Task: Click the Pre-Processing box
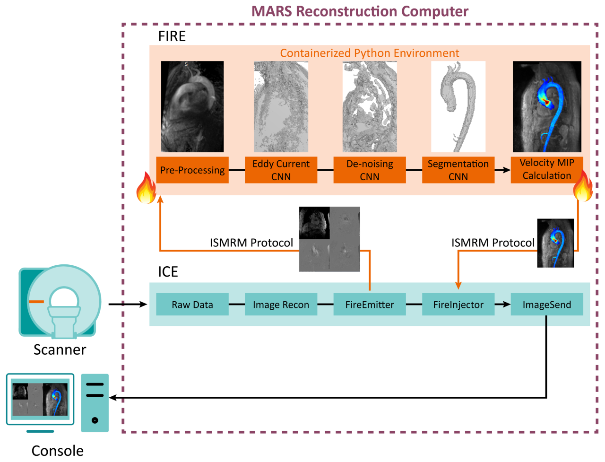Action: pyautogui.click(x=192, y=170)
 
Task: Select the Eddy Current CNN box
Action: pyautogui.click(x=281, y=170)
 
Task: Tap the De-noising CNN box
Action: pyautogui.click(x=370, y=170)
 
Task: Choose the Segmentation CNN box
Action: pyautogui.click(x=458, y=170)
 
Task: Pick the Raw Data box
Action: pyautogui.click(x=192, y=305)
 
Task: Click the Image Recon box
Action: pyautogui.click(x=281, y=305)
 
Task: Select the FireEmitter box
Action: pyautogui.click(x=370, y=305)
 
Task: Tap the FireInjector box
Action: pyautogui.click(x=458, y=305)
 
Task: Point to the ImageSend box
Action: pyautogui.click(x=547, y=305)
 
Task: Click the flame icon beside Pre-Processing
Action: pyautogui.click(x=147, y=188)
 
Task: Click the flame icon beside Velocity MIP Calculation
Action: pyautogui.click(x=583, y=186)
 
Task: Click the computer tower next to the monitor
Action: pyautogui.click(x=95, y=403)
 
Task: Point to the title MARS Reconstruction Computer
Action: pyautogui.click(x=360, y=11)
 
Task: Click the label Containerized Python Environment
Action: pyautogui.click(x=369, y=53)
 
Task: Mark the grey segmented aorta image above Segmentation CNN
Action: pyautogui.click(x=458, y=106)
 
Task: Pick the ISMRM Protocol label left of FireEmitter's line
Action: pyautogui.click(x=251, y=243)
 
